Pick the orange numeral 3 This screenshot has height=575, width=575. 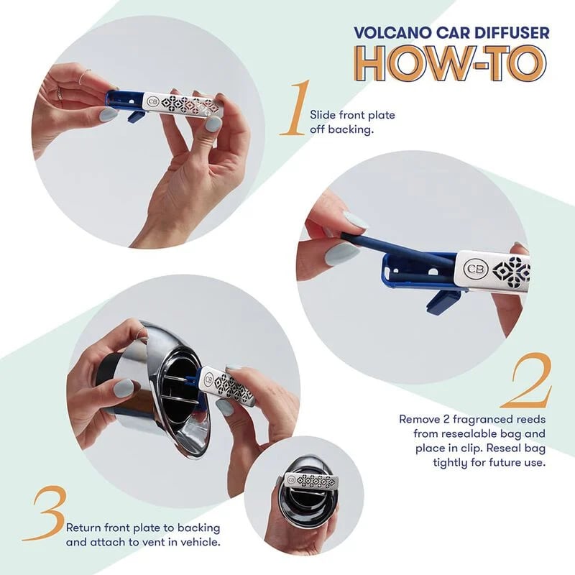click(x=43, y=514)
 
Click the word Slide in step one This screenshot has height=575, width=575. click(x=322, y=115)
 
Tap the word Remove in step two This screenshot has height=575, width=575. click(x=421, y=418)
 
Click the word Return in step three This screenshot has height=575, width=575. click(x=85, y=528)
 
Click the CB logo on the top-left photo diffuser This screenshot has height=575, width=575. click(x=152, y=102)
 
